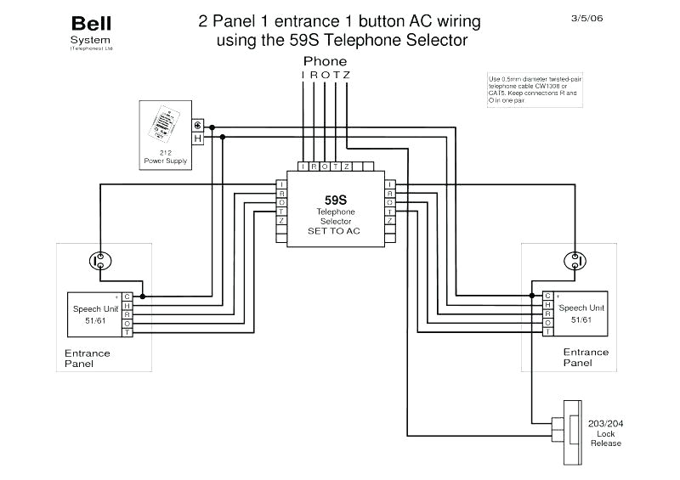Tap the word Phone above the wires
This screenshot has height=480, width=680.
(326, 61)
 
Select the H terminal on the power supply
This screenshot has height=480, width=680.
(197, 138)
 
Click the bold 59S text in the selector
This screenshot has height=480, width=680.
(336, 199)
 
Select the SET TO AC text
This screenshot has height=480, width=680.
(336, 229)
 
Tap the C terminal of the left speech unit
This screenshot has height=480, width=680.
(127, 296)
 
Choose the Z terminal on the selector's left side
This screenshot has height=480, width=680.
(281, 220)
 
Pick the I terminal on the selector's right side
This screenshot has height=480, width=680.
(389, 184)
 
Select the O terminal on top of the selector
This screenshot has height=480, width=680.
(324, 167)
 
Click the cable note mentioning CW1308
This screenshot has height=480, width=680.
(523, 88)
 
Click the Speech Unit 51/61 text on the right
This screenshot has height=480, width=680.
(581, 313)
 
